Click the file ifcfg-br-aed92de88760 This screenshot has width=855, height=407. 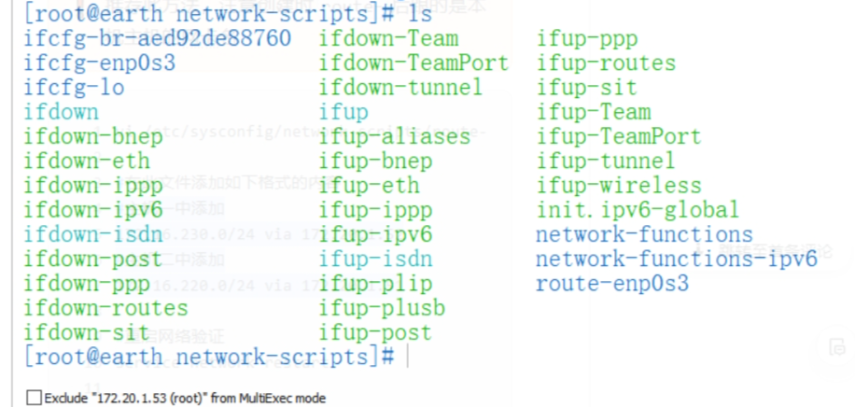click(157, 39)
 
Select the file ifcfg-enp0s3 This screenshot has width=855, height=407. click(100, 63)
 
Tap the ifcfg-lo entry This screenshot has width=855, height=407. click(74, 88)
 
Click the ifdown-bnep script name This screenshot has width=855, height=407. click(93, 137)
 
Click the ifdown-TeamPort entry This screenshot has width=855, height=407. click(413, 63)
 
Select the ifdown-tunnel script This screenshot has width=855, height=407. click(400, 88)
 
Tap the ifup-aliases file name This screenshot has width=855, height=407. click(394, 137)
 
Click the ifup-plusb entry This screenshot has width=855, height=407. click(382, 308)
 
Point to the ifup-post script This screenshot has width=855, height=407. click(375, 332)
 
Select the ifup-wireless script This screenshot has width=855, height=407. click(619, 186)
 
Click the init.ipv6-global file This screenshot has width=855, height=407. click(638, 210)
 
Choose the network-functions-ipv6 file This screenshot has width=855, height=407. click(676, 259)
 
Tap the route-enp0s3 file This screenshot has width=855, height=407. click(612, 284)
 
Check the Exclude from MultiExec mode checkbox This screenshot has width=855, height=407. click(35, 399)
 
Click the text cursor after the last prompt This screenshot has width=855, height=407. click(408, 357)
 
